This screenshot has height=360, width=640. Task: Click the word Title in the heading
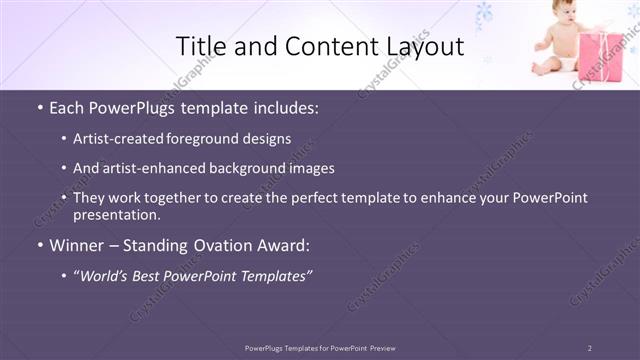point(200,46)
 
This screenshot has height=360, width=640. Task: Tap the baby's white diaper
point(560,62)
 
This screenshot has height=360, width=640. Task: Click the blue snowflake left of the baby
point(485,14)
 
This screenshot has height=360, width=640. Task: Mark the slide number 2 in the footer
point(589,348)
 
